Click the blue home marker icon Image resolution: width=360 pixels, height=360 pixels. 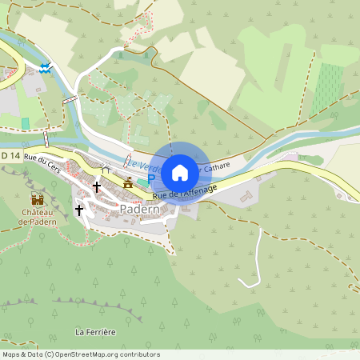click(x=180, y=172)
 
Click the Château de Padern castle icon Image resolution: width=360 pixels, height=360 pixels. click(x=37, y=198)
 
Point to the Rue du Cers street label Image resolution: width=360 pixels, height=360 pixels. click(x=42, y=159)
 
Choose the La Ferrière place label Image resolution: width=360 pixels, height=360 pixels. click(x=95, y=331)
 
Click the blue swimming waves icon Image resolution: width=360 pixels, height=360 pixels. click(x=46, y=70)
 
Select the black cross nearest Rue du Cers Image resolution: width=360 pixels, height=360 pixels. click(x=97, y=187)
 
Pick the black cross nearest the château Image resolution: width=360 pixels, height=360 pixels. click(x=78, y=210)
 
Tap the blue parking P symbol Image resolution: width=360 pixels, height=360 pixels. click(x=150, y=178)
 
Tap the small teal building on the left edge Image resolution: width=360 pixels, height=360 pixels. click(x=25, y=123)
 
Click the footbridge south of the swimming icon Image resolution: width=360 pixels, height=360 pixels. click(x=70, y=98)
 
